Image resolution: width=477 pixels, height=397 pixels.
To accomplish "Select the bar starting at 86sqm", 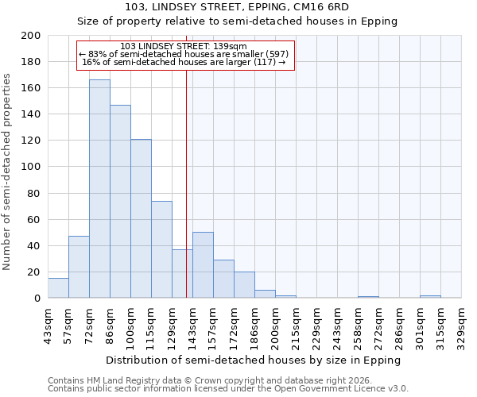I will point(120,202).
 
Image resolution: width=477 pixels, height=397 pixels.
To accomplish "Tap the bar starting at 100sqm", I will point(141,218).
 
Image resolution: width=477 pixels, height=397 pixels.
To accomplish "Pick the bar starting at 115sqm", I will point(161,249).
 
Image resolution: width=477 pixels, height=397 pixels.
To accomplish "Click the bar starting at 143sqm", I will point(203,265).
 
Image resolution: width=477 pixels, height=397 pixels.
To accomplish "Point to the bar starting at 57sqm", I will point(79,267).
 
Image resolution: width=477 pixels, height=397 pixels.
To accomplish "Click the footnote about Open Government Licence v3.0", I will point(228,389).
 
